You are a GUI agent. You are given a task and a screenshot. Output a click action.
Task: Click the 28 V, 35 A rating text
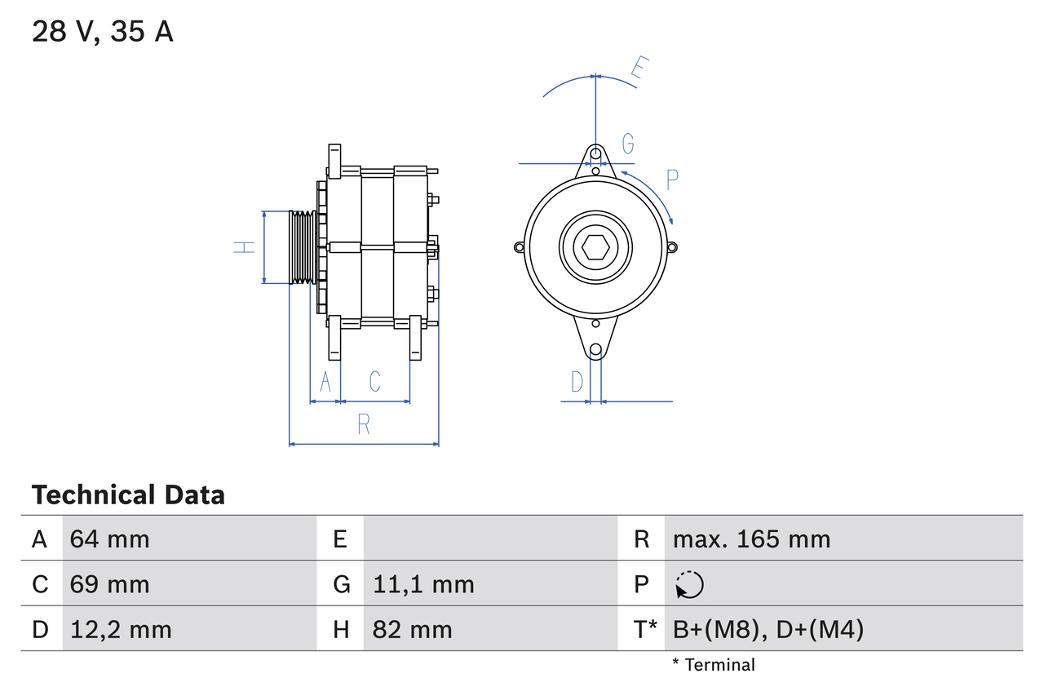[103, 32]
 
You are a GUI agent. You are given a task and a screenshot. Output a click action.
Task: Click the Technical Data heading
[128, 494]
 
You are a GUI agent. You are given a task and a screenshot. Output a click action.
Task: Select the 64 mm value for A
[110, 539]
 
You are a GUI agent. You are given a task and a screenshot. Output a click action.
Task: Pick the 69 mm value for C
[110, 584]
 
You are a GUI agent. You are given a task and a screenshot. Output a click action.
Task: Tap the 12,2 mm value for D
[121, 629]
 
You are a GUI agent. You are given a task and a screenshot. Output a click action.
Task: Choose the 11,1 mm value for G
[423, 584]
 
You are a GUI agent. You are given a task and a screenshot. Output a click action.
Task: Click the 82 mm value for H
[412, 629]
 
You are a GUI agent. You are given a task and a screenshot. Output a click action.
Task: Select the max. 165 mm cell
[751, 539]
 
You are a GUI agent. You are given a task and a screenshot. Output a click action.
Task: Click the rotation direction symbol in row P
[689, 584]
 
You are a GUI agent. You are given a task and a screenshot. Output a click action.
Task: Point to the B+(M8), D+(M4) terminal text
[768, 629]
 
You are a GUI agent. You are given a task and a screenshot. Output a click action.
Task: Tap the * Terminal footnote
[714, 665]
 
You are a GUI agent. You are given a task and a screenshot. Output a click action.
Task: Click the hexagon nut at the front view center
[595, 247]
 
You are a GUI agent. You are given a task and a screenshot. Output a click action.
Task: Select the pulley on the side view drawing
[303, 247]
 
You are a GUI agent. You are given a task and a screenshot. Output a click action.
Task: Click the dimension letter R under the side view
[364, 425]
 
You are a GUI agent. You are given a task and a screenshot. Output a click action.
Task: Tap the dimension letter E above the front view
[642, 71]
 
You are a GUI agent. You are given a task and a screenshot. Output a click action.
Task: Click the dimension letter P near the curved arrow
[672, 180]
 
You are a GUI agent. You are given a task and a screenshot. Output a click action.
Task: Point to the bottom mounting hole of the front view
[595, 349]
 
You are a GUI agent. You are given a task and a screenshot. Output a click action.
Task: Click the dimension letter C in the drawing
[374, 381]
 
